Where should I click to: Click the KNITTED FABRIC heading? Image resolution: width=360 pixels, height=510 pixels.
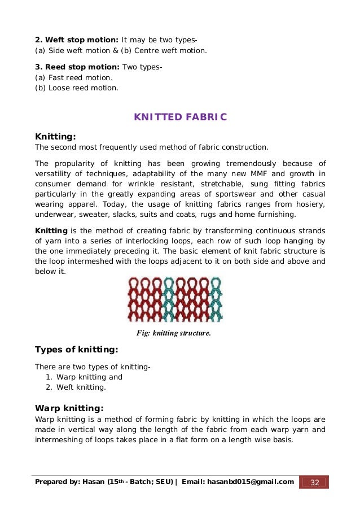(x=180, y=117)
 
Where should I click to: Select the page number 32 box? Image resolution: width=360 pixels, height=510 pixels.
(x=314, y=482)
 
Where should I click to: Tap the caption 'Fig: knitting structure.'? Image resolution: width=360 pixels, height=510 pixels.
(x=174, y=333)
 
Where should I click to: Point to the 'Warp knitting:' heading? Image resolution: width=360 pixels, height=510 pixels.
(x=69, y=408)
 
